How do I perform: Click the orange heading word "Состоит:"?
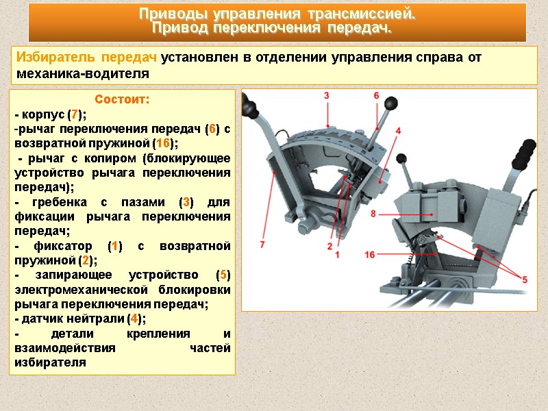tap(122, 100)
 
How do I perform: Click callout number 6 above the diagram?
tap(376, 96)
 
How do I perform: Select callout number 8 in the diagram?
tap(373, 214)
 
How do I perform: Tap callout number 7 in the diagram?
tap(262, 242)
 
